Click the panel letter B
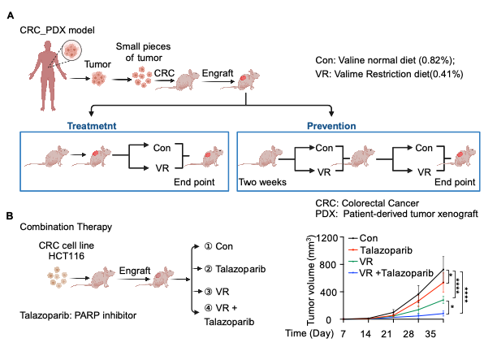pos(9,215)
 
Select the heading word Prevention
pos(334,126)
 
